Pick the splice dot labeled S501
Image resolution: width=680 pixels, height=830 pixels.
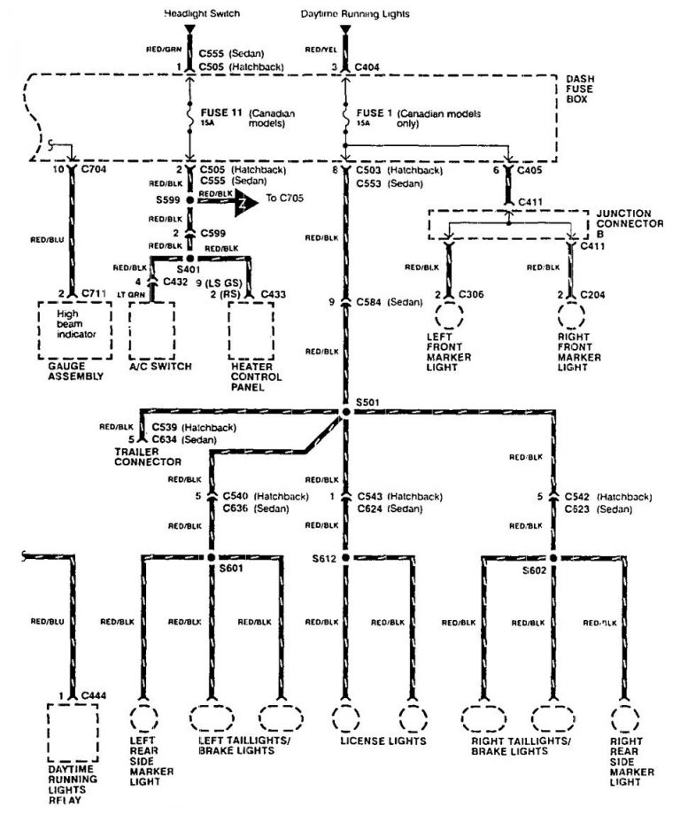345,412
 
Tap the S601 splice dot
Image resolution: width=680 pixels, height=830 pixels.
211,557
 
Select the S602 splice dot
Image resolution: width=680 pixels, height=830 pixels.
553,557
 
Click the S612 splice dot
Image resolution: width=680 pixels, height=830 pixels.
345,557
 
